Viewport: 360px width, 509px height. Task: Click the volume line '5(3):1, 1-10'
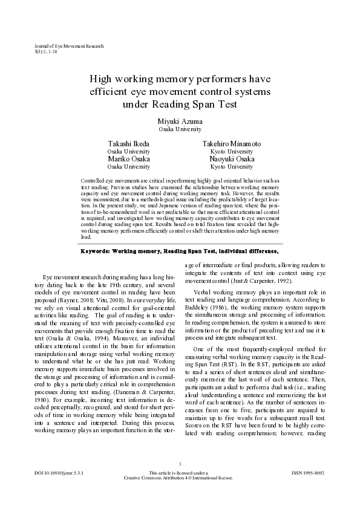coord(47,52)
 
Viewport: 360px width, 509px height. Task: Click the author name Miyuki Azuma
coord(180,121)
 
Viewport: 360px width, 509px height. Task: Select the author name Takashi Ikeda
coord(128,144)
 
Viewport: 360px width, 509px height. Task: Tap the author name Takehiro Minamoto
coord(232,144)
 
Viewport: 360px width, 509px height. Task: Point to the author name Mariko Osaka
coord(128,159)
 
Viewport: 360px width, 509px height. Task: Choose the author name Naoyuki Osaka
coord(232,159)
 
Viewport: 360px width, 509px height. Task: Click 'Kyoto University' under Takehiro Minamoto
coord(232,151)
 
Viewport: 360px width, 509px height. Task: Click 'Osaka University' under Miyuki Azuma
coord(180,129)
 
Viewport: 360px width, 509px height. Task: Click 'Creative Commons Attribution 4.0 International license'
coord(180,494)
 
